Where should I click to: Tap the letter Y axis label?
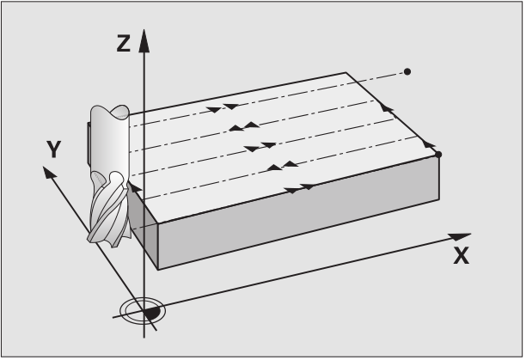[x=54, y=150]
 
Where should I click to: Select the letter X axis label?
[x=461, y=255]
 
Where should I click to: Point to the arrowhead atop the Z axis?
[x=144, y=39]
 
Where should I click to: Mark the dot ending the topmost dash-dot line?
[x=407, y=70]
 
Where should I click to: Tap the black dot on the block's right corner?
[x=438, y=154]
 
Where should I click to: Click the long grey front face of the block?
[x=284, y=229]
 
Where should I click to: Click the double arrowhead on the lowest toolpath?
[x=297, y=187]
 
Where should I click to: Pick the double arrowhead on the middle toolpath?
[x=254, y=148]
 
